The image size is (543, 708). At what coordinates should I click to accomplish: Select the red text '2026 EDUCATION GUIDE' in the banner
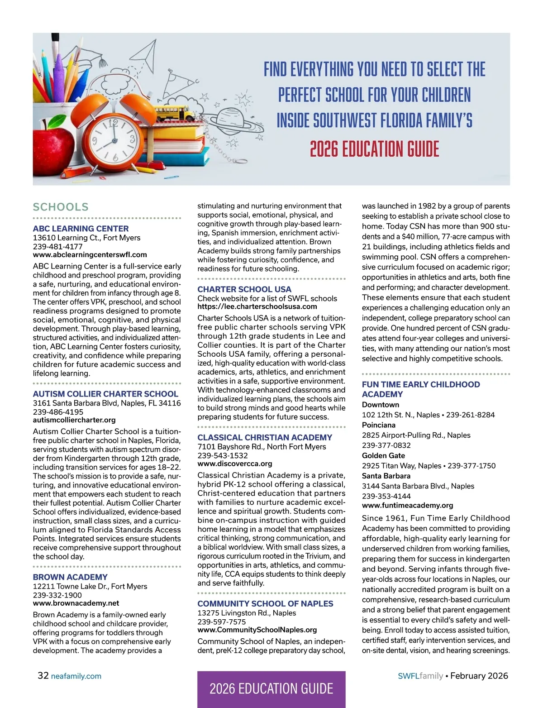click(374, 149)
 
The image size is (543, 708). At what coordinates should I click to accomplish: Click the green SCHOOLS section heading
click(61, 207)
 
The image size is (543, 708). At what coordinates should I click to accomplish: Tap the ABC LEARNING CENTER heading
click(81, 229)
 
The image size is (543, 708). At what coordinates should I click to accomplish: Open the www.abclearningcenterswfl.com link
click(90, 255)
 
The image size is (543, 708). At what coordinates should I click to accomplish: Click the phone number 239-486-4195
click(58, 412)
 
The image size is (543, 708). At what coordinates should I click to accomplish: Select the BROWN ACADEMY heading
click(70, 577)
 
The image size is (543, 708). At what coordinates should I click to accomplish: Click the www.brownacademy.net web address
click(76, 603)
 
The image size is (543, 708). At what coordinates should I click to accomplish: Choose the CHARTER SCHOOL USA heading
click(244, 289)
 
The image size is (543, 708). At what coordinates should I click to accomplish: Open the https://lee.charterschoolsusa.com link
click(257, 306)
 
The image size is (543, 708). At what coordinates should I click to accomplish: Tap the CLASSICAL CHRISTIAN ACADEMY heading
click(265, 437)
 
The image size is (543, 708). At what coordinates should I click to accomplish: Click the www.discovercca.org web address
click(234, 464)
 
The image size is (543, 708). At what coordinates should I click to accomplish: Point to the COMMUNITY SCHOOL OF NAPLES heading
click(265, 603)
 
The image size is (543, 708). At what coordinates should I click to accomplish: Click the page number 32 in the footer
click(43, 675)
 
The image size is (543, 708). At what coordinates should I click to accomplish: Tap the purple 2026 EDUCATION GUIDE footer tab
click(271, 689)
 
